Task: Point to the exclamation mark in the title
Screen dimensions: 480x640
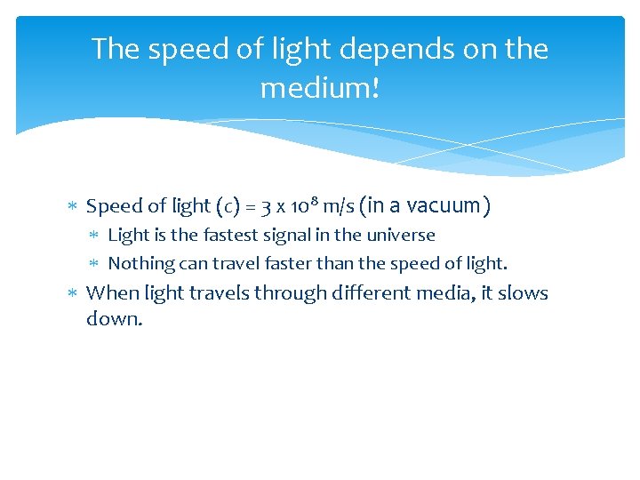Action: click(375, 88)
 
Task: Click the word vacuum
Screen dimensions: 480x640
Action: click(436, 206)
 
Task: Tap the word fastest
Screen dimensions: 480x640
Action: click(222, 236)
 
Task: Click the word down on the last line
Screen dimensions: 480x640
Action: click(113, 317)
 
